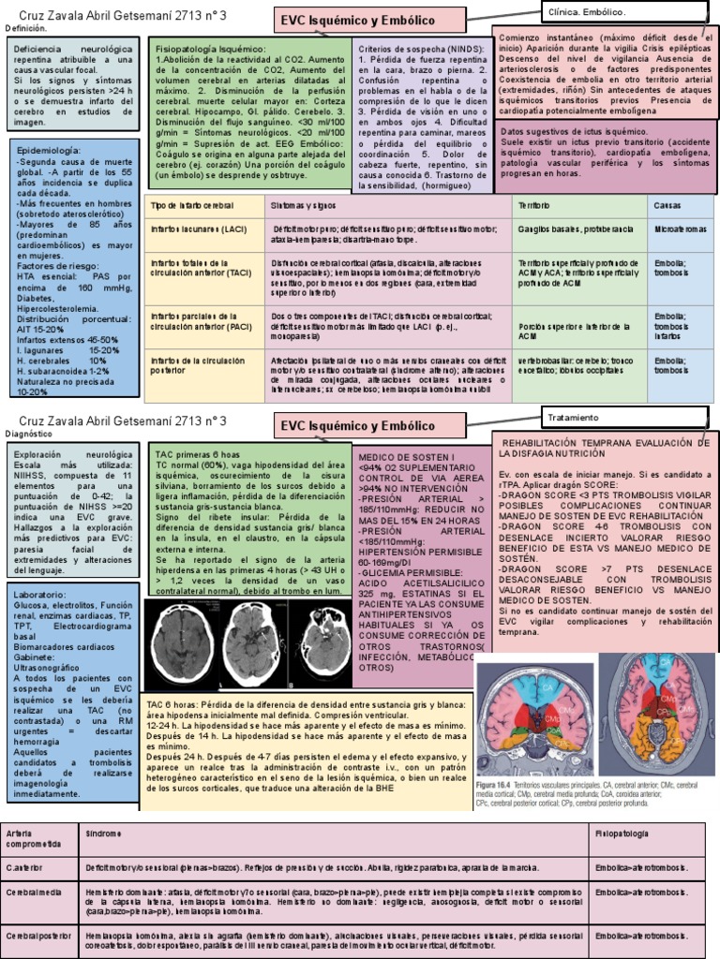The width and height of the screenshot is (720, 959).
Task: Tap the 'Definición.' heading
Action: click(x=25, y=29)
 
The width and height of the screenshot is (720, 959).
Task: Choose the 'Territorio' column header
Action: click(x=535, y=205)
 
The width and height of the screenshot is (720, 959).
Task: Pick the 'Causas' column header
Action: click(x=668, y=205)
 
